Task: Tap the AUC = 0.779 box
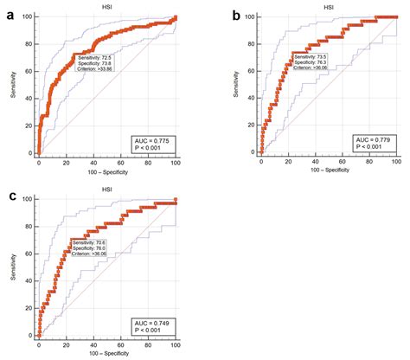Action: (x=375, y=144)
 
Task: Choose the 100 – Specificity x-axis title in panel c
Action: (x=106, y=354)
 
